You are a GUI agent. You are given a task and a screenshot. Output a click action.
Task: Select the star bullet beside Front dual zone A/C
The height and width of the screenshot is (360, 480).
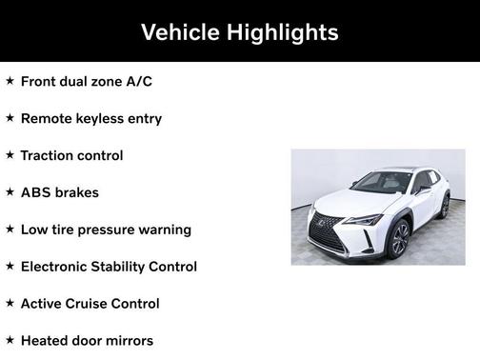[10, 81]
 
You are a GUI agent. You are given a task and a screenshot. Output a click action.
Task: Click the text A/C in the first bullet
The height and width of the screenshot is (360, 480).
[138, 82]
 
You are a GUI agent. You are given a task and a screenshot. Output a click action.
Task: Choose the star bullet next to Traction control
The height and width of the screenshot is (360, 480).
[10, 154]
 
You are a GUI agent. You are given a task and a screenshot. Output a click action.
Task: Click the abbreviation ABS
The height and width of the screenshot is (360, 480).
[36, 192]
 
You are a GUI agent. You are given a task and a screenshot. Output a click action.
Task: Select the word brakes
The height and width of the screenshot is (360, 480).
[78, 192]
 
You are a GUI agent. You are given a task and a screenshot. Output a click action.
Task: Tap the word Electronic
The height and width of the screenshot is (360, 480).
[57, 267]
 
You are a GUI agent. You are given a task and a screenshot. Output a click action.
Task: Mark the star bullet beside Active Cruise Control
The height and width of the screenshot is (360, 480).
[10, 303]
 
